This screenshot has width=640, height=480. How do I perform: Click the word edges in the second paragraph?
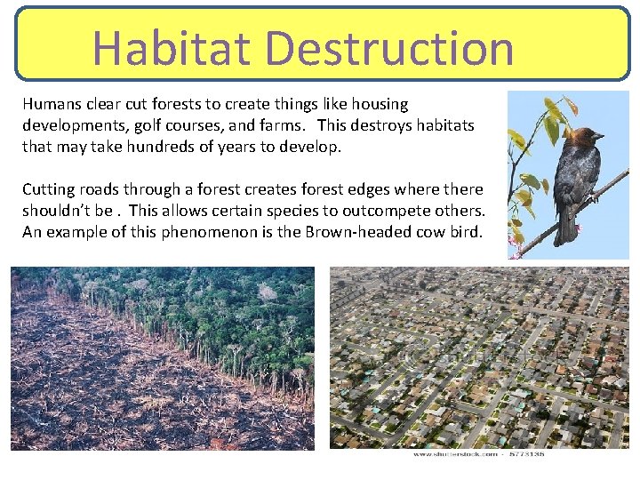(334, 189)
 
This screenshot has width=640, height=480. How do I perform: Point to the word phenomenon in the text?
(223, 232)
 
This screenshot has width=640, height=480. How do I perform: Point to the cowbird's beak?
(600, 137)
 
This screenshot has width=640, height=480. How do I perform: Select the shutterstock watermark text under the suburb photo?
(478, 455)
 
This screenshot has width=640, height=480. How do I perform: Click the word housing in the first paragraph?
(380, 104)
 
